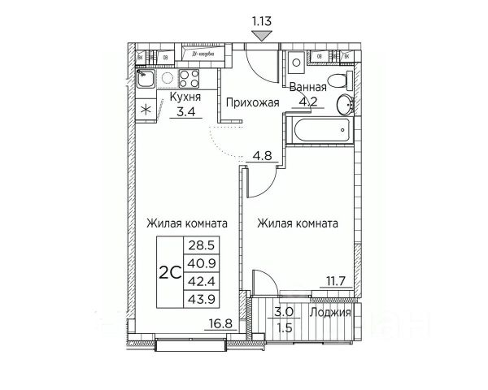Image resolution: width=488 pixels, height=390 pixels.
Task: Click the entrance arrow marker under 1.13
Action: (x=261, y=35)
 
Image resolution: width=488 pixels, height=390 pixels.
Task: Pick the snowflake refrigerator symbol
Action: (x=146, y=110)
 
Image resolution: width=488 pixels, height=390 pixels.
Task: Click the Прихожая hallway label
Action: (x=253, y=102)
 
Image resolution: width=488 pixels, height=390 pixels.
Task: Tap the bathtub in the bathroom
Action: (x=318, y=128)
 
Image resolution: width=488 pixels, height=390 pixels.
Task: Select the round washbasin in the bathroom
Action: (x=346, y=103)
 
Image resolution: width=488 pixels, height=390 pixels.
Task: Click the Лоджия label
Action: (x=335, y=312)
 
